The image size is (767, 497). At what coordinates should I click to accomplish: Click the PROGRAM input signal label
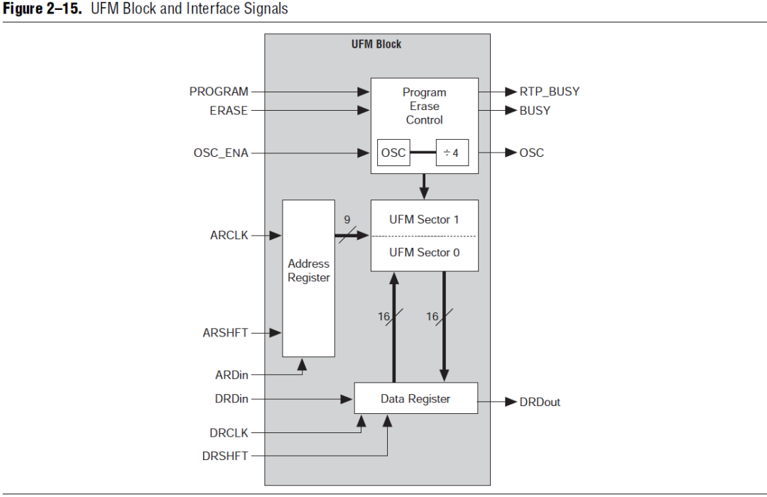219,92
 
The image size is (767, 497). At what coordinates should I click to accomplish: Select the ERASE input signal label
229,111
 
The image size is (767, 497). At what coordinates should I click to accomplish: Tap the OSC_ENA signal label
221,153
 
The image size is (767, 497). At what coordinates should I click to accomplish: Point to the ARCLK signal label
229,235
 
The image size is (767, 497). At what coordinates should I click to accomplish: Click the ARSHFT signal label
225,332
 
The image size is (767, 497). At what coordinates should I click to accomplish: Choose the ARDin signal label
232,375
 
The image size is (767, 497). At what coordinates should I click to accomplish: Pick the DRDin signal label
232,399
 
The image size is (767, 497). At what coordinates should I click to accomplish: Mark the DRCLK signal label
229,433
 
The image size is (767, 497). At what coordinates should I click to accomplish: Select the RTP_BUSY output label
549,92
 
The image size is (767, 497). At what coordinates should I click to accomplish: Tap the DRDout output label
539,402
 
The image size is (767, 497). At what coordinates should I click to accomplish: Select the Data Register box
415,398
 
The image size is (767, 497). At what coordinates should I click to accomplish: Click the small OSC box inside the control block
393,153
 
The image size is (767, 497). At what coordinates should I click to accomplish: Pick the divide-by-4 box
452,153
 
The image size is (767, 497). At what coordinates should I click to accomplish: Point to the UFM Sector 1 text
424,219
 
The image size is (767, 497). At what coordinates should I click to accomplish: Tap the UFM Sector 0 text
424,252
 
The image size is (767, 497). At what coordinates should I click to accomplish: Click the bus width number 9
347,219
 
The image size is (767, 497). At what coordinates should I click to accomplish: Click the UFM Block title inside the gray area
376,44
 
